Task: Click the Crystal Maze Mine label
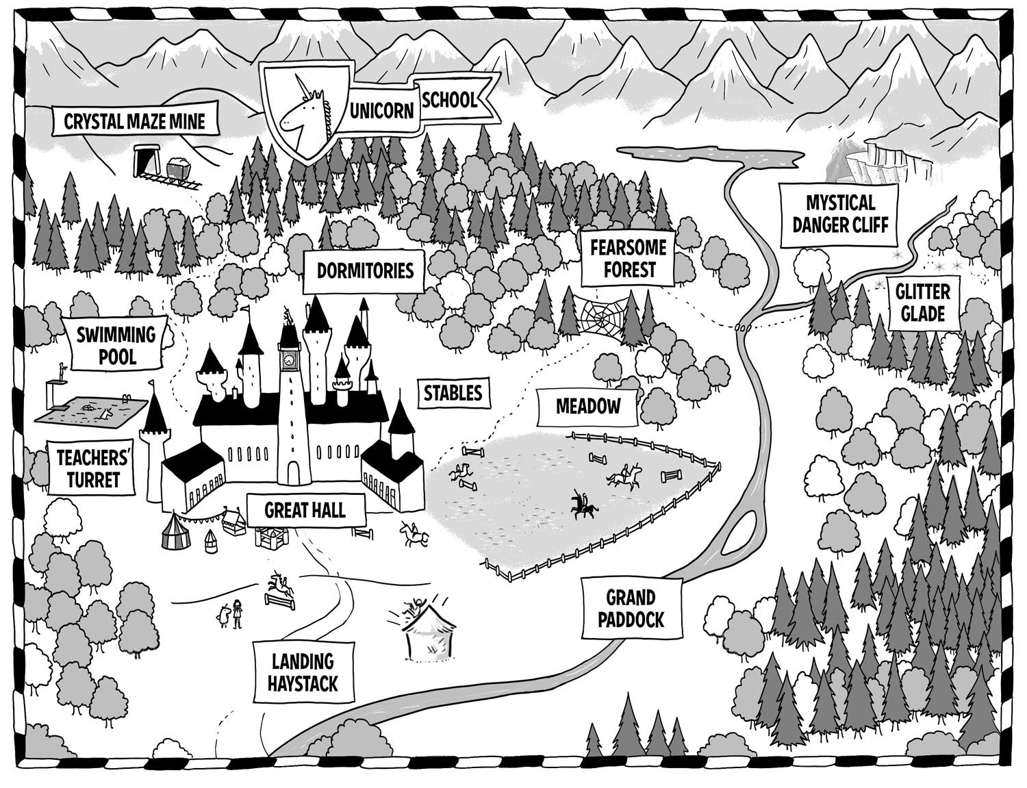click(x=134, y=122)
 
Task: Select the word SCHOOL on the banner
click(x=448, y=101)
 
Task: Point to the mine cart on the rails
click(x=179, y=166)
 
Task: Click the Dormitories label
click(x=365, y=270)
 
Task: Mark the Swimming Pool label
click(x=116, y=345)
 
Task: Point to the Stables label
click(x=453, y=393)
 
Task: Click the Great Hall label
click(x=305, y=509)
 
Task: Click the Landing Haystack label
click(x=303, y=672)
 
